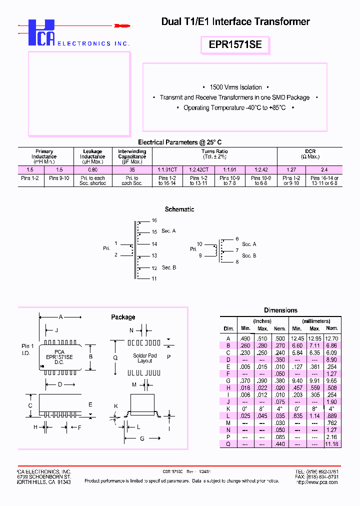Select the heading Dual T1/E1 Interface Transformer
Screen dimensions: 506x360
tap(235, 21)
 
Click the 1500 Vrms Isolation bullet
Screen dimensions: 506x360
tap(235, 87)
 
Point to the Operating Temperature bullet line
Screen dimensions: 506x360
tap(234, 108)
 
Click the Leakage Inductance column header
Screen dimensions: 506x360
tap(92, 156)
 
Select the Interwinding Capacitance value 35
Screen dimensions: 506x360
tap(132, 169)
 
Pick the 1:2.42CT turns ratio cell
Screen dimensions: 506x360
tap(198, 169)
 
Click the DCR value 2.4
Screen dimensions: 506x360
tap(324, 169)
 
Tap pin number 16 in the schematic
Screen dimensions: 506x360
tap(154, 220)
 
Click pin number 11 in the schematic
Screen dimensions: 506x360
tap(154, 278)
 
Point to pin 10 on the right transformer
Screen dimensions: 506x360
tap(199, 244)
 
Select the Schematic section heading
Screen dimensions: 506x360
tap(179, 209)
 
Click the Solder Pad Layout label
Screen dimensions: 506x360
tap(145, 358)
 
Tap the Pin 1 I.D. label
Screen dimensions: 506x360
tap(27, 349)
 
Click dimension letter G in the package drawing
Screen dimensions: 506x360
tap(142, 438)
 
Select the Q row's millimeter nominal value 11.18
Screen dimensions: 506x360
tap(331, 443)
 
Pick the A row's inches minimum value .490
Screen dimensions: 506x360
tap(245, 338)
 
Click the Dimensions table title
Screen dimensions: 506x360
tap(280, 310)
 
